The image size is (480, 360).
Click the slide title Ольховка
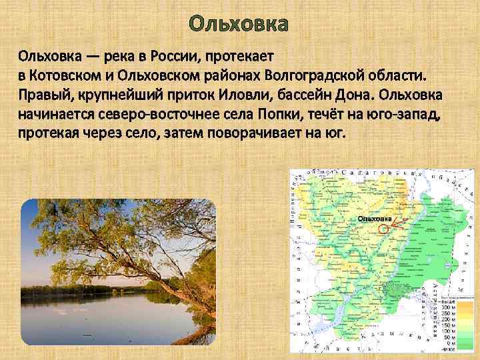pyautogui.click(x=239, y=25)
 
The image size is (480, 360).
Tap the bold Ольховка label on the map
pyautogui.click(x=374, y=219)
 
